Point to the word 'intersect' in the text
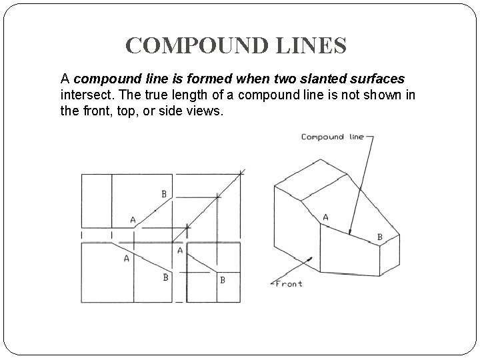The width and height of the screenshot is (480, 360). pyautogui.click(x=87, y=95)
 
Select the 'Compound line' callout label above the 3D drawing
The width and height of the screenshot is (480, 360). pyautogui.click(x=333, y=137)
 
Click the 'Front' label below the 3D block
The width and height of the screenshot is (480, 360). pyautogui.click(x=288, y=283)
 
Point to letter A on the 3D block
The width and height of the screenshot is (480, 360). pyautogui.click(x=325, y=217)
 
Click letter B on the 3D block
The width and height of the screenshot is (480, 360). pyautogui.click(x=379, y=237)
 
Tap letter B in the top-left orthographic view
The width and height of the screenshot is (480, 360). pyautogui.click(x=164, y=194)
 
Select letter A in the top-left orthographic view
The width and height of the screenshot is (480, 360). pyautogui.click(x=133, y=220)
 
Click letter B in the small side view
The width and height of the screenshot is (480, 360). pyautogui.click(x=222, y=280)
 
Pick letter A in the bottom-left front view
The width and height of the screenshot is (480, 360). pyautogui.click(x=126, y=258)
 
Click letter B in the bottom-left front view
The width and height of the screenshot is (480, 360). pyautogui.click(x=165, y=277)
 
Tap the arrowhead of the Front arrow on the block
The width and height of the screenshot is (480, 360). pyautogui.click(x=309, y=257)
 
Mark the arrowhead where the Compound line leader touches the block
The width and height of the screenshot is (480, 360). pyautogui.click(x=349, y=233)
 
